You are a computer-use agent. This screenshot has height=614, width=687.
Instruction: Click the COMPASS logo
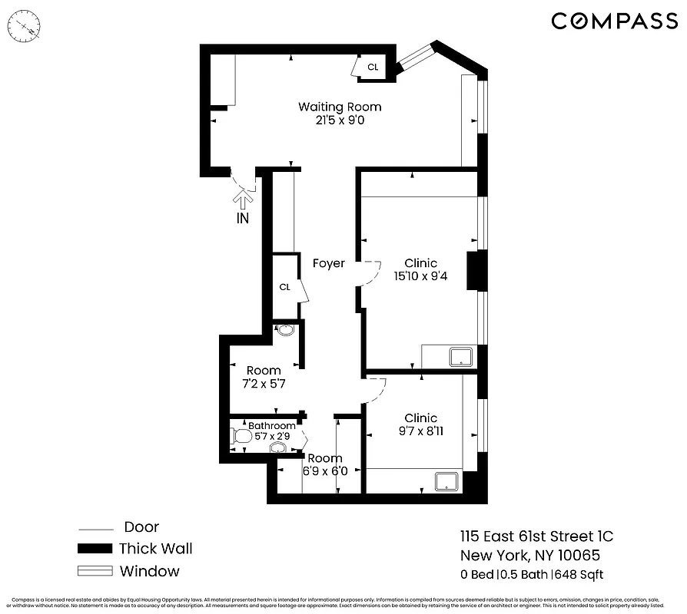tap(614, 21)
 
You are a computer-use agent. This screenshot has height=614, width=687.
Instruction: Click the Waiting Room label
tap(340, 107)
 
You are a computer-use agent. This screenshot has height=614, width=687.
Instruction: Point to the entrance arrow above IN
tap(243, 199)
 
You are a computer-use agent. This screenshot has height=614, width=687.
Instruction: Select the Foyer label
tap(329, 263)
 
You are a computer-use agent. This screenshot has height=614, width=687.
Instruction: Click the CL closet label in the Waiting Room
tap(373, 68)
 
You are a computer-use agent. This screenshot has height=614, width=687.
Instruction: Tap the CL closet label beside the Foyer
tap(284, 287)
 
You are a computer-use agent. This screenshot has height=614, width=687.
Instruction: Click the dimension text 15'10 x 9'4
tap(421, 276)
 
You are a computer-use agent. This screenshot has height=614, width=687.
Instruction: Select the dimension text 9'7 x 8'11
tap(421, 431)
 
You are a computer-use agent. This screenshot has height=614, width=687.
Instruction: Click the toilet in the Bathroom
tap(241, 437)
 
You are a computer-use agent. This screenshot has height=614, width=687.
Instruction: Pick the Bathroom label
tap(272, 426)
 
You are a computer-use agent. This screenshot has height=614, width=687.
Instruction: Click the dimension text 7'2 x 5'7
tap(264, 384)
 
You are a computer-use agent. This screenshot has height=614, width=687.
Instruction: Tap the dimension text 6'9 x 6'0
tap(325, 471)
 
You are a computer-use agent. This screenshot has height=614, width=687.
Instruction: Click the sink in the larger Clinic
tap(461, 356)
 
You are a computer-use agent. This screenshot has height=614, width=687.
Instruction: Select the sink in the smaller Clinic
tap(446, 481)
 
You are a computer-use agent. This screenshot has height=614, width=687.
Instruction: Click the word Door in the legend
tap(141, 527)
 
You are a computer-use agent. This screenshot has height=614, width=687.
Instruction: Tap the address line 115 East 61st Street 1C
tap(536, 536)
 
